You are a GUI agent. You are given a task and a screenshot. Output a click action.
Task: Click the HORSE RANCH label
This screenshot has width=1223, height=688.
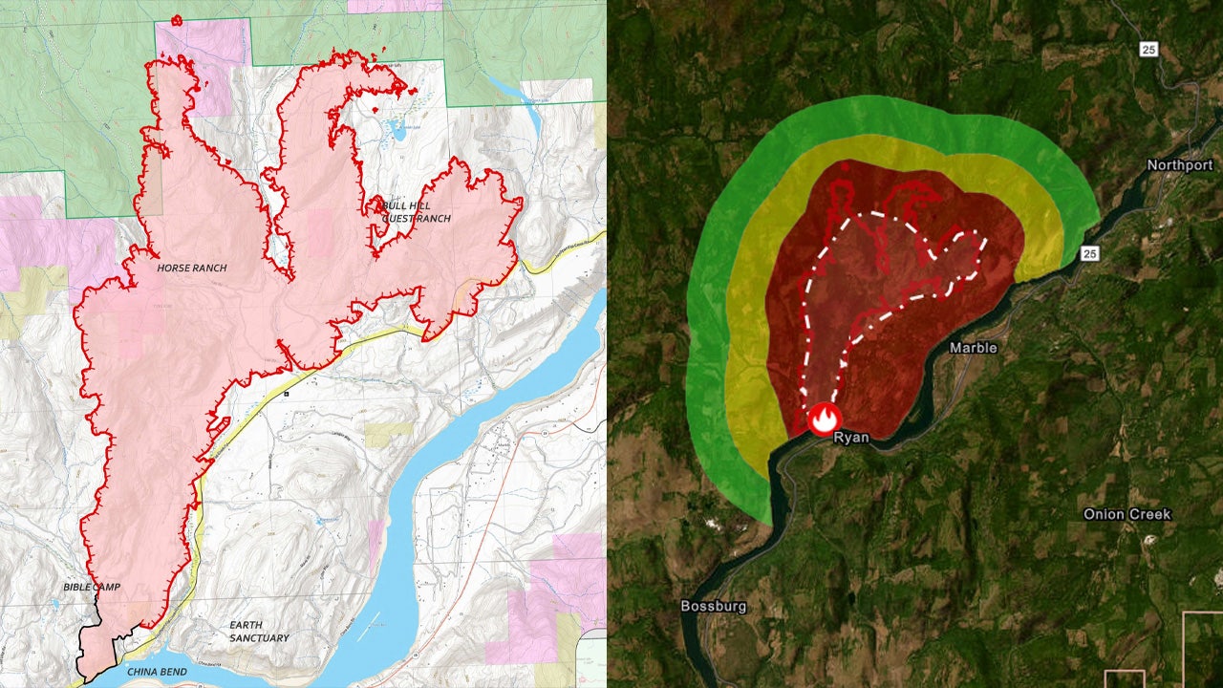point(192,269)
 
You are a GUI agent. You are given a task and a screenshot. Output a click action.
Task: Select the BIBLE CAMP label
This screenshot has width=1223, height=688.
point(92,587)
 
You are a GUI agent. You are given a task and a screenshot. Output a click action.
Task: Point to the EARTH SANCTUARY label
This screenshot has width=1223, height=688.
point(259,632)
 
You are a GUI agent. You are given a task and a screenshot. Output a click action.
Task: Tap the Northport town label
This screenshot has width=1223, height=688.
point(1180,165)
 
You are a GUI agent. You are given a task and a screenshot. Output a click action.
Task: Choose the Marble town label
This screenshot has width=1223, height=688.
point(973,348)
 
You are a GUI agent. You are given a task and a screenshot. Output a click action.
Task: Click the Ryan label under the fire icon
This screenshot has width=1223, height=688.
point(850,438)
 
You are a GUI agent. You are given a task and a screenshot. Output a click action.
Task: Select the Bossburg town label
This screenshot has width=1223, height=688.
point(713,606)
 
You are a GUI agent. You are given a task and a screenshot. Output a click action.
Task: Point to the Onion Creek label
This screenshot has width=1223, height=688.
point(1126,514)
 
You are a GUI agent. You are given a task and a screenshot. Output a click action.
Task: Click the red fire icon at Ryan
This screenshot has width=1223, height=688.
point(824,418)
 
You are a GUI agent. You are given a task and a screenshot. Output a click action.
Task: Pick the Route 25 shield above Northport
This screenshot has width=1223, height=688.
point(1148,48)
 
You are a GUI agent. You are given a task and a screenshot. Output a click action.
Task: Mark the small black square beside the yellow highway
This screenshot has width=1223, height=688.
point(286,393)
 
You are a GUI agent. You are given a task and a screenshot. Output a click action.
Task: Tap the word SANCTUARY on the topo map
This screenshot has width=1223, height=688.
point(259,638)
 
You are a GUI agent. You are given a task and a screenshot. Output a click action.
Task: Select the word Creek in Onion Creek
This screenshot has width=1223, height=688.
point(1151,514)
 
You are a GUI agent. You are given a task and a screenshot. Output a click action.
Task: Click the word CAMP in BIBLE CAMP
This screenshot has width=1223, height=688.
point(106,587)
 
